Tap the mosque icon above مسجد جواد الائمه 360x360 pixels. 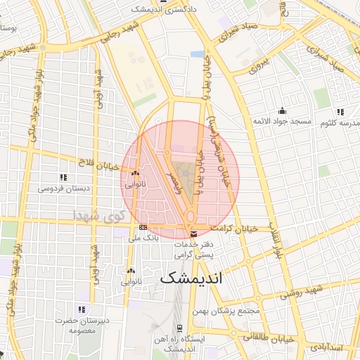tap(282, 110)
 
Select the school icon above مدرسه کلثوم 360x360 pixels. tap(340, 112)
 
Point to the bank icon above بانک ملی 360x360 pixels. tap(143, 228)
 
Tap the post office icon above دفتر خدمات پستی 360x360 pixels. tap(193, 234)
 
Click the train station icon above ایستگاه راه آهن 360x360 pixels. tap(180, 328)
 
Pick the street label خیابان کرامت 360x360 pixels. tap(235, 229)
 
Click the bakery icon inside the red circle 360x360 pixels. tap(134, 173)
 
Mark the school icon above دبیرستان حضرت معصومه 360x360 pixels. tap(83, 309)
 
